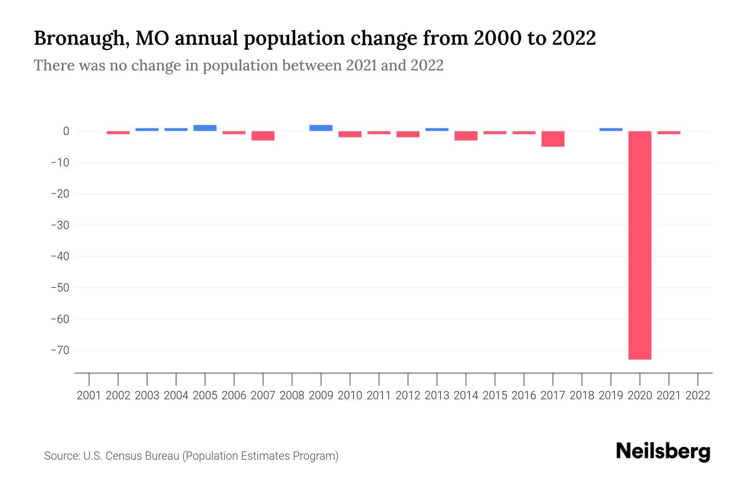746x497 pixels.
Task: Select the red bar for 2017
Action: point(552,139)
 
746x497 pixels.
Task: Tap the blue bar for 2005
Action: point(205,128)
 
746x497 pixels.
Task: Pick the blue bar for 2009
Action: point(321,128)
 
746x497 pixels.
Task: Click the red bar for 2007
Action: point(263,136)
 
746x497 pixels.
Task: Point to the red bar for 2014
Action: point(466,136)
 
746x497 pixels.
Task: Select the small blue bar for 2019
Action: point(610,130)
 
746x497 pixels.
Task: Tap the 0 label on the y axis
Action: point(66,131)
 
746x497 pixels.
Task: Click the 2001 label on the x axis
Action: point(89,396)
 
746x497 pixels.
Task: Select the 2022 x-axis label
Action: point(698,396)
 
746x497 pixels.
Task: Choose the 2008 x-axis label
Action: point(292,396)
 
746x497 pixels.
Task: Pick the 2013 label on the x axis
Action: point(437,396)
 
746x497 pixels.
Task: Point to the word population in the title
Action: point(294,39)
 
